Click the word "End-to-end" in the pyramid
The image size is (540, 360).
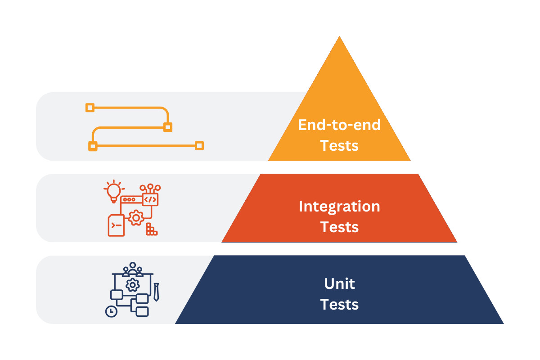[339, 125]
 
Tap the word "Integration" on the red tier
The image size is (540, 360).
[339, 207]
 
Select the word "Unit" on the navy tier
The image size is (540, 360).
[339, 284]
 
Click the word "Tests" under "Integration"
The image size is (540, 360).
[339, 227]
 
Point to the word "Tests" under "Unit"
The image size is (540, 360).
[339, 305]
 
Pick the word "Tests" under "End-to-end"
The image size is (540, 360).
[339, 145]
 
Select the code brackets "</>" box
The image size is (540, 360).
[150, 199]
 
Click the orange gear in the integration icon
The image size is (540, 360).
[135, 218]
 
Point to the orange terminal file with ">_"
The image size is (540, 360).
[116, 225]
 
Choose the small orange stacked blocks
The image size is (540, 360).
[151, 229]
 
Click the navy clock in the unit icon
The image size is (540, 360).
[111, 311]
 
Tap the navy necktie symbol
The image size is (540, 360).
[156, 292]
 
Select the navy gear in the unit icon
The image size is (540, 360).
[132, 285]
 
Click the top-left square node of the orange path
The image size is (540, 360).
[90, 107]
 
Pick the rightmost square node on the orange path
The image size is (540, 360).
[199, 145]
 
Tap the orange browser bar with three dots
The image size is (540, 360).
[130, 199]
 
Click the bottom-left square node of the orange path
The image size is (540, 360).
[93, 146]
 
